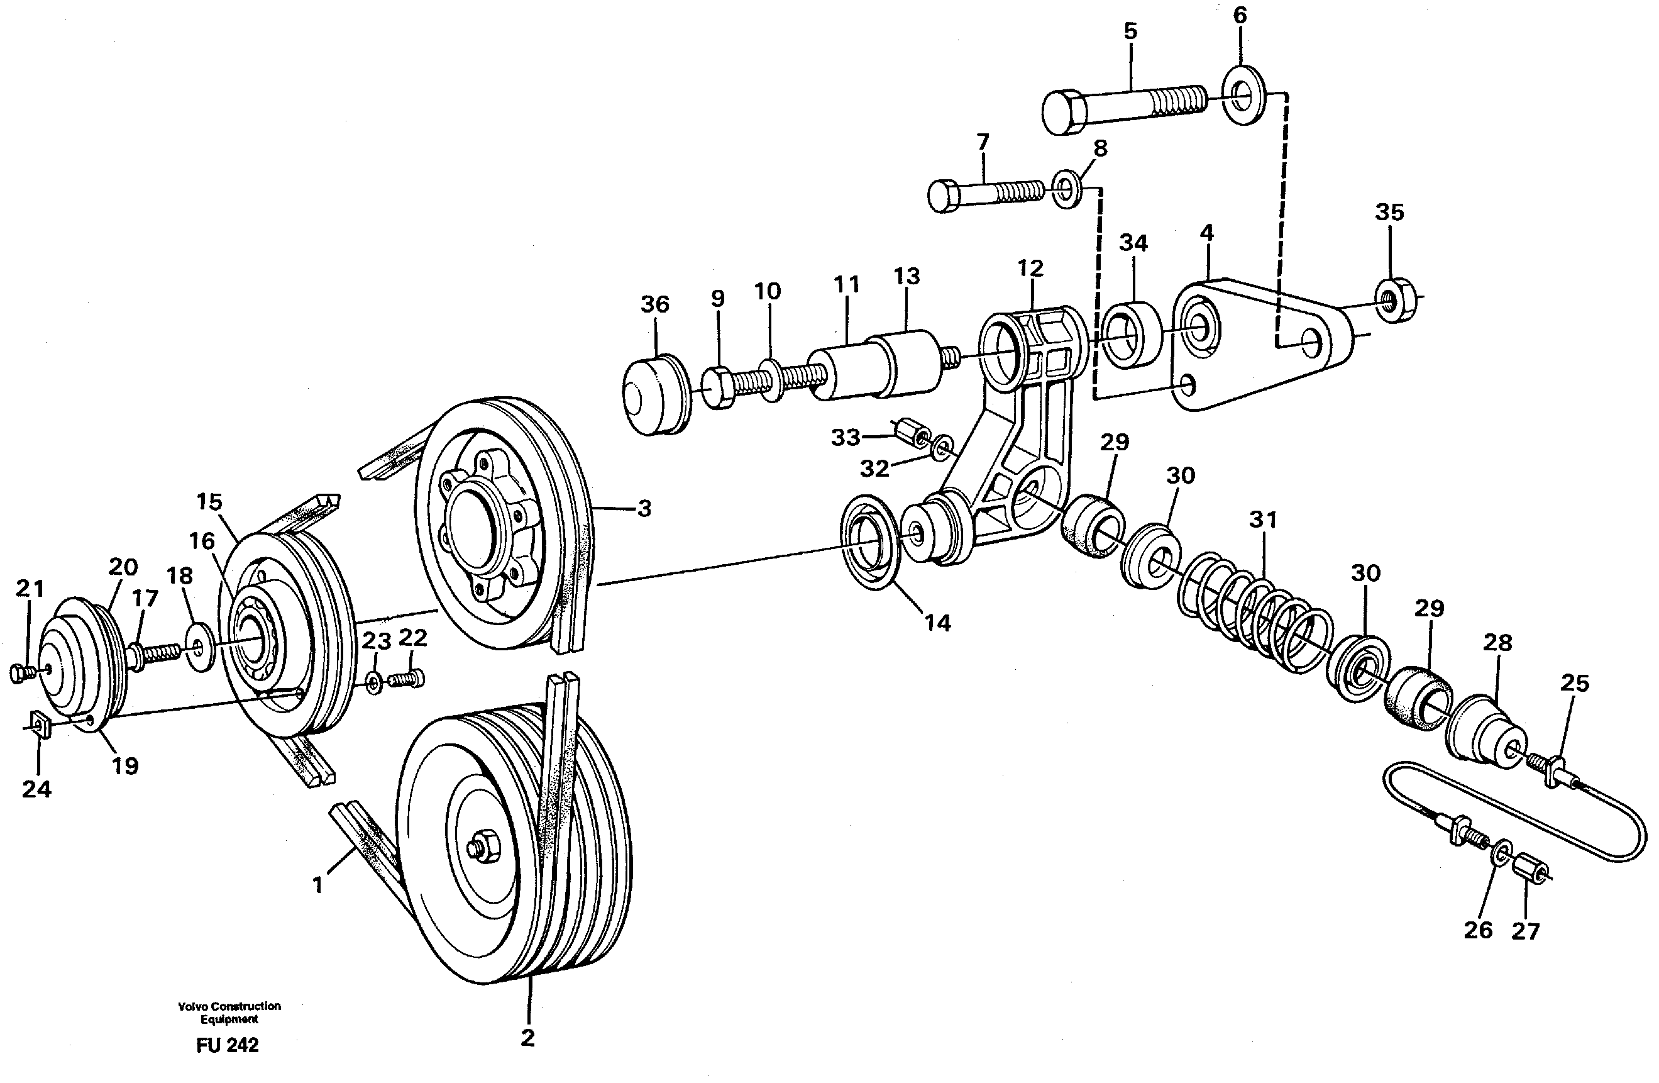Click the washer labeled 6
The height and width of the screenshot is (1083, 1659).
(1244, 95)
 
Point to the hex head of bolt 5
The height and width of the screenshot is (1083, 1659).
(1064, 111)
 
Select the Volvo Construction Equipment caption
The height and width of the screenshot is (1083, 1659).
(229, 1013)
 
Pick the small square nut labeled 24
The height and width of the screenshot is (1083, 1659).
(40, 725)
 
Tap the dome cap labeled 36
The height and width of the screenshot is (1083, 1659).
(654, 395)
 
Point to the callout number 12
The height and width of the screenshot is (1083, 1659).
(1030, 269)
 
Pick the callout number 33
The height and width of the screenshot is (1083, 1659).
(846, 437)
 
